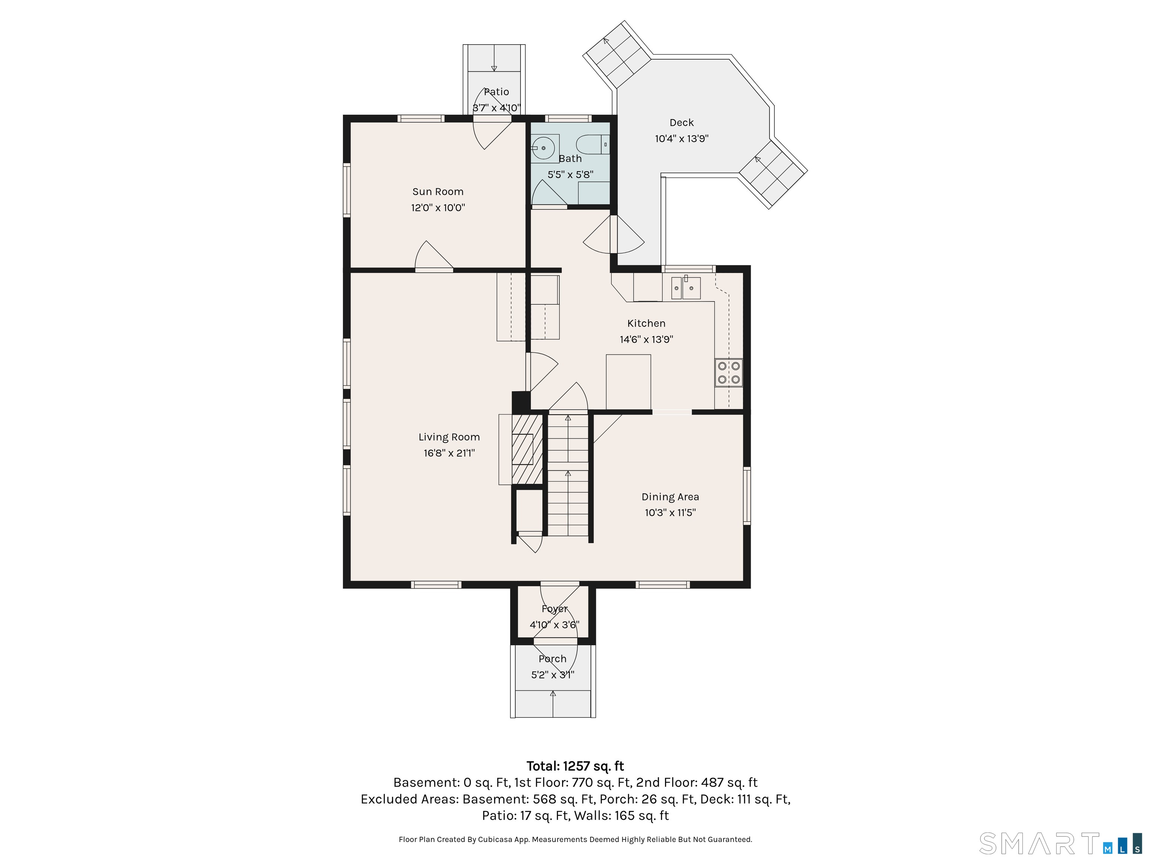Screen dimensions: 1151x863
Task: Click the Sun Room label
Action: [438, 191]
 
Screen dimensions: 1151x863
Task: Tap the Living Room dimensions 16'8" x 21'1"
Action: [449, 453]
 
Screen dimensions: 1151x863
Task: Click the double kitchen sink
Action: [686, 288]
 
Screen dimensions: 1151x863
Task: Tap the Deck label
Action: [682, 123]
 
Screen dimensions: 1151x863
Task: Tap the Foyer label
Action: [555, 609]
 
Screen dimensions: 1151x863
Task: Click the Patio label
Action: [496, 92]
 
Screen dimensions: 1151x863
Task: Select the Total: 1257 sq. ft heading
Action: [575, 766]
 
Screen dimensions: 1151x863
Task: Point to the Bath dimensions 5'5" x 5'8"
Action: [570, 175]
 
